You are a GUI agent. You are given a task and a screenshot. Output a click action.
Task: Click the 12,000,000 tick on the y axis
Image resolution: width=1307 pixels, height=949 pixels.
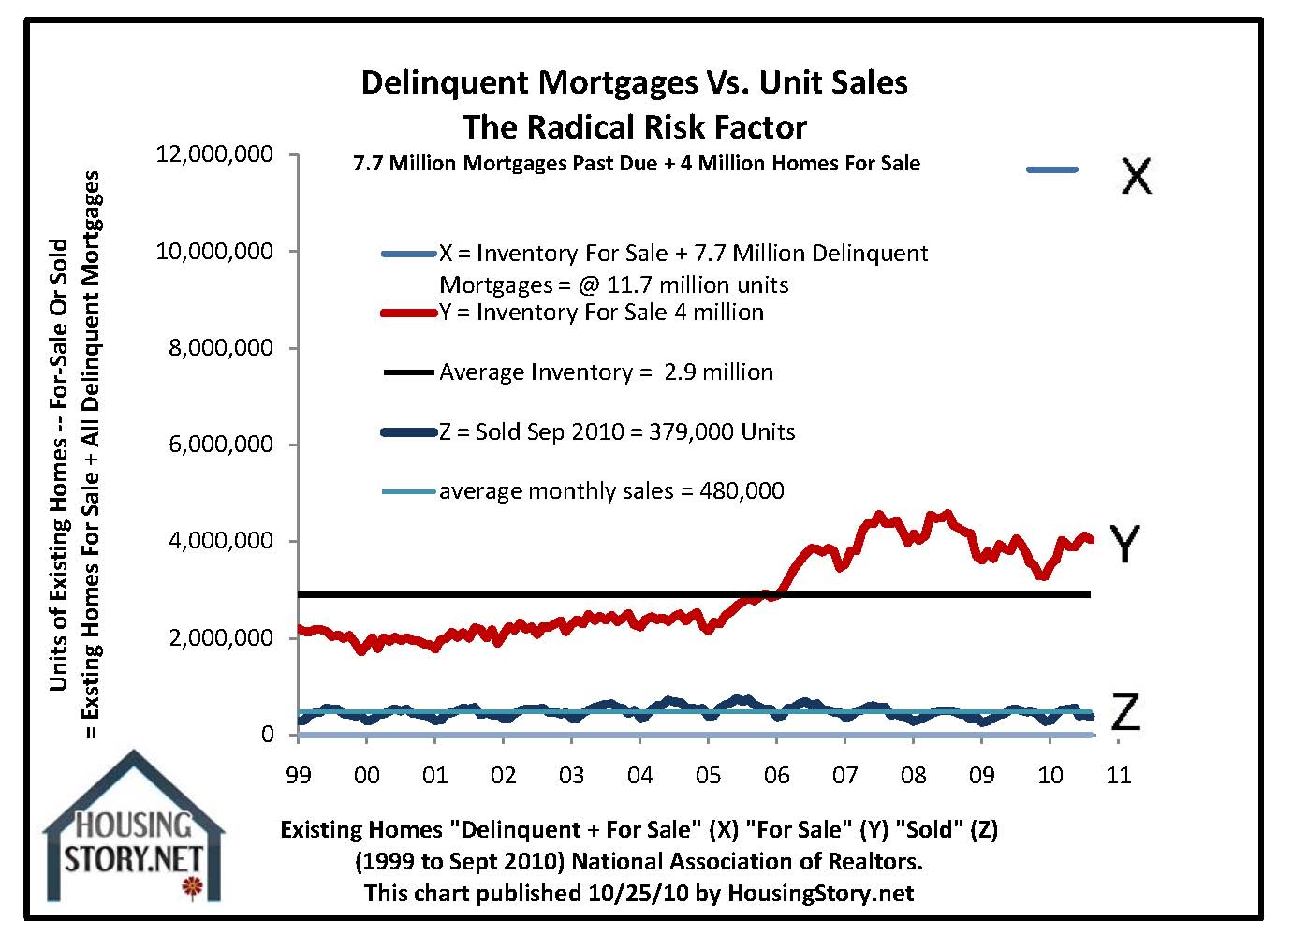[215, 154]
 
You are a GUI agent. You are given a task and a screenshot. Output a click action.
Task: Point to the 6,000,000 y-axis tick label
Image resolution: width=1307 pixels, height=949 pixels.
[221, 445]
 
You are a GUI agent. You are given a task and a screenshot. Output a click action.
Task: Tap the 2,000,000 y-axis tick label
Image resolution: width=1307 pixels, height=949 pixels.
[221, 638]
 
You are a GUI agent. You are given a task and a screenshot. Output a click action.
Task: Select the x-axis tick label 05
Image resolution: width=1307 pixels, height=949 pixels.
[709, 775]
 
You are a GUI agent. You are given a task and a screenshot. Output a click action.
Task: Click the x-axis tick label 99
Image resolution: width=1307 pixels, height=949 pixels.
[299, 775]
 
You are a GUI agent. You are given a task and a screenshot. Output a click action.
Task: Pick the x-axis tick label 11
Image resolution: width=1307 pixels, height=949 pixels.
[1119, 775]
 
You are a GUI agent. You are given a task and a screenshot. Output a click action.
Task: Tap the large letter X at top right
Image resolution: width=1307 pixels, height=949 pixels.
[1136, 174]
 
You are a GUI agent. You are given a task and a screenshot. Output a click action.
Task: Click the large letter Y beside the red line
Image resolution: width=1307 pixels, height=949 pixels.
[1124, 544]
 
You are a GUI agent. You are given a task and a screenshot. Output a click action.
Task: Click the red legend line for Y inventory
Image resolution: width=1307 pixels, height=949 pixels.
[409, 314]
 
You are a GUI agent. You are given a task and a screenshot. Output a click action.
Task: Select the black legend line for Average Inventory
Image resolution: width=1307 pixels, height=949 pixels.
[409, 372]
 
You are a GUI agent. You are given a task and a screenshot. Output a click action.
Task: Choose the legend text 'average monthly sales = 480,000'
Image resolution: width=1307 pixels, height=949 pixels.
[611, 491]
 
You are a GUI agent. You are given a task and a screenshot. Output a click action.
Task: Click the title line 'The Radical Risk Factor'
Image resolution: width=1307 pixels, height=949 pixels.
[634, 127]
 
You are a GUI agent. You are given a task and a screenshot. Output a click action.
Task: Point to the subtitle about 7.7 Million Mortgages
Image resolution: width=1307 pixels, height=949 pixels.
[636, 164]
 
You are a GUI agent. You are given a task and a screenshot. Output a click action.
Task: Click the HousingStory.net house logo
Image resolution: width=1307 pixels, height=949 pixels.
[134, 828]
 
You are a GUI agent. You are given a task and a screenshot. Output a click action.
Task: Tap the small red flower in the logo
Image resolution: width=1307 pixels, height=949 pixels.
[192, 885]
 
